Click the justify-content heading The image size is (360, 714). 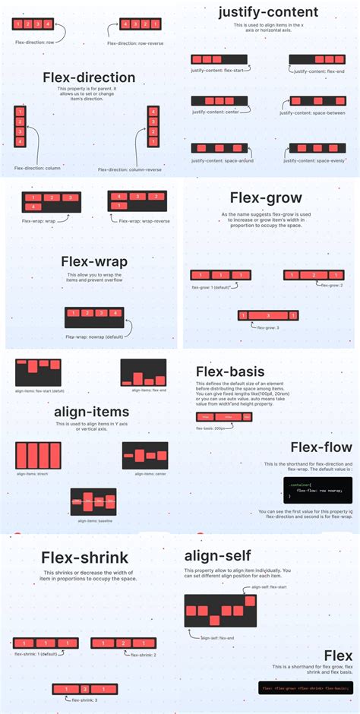pos(268,12)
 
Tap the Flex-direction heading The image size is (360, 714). pos(89,77)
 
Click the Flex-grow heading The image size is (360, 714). pos(266,197)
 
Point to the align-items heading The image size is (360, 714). pos(91,412)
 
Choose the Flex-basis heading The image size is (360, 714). pos(230,371)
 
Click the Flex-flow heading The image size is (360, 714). pos(321,448)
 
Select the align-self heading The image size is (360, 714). pos(220,555)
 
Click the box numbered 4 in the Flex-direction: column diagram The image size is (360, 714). pos(19,142)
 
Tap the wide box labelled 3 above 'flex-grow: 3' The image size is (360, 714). pos(268,315)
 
